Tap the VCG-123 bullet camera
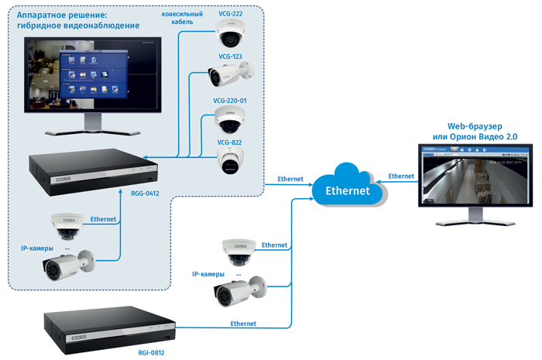point(230,76)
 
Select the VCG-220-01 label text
point(230,101)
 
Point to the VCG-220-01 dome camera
point(230,121)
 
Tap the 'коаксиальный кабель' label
point(182,18)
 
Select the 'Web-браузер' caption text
point(475,125)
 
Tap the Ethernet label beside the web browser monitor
point(401,177)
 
